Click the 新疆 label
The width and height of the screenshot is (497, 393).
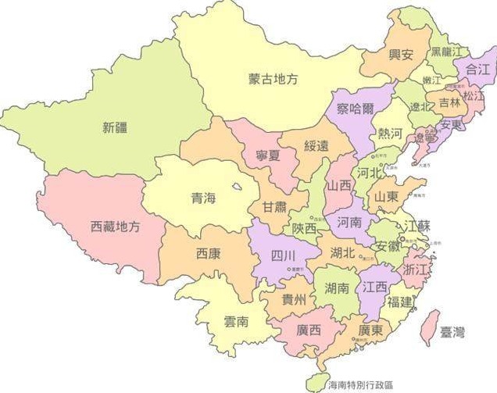point(114,129)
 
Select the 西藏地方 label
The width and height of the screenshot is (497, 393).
point(116,227)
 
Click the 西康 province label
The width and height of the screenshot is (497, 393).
point(208,254)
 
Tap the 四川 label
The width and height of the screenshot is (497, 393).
point(283,255)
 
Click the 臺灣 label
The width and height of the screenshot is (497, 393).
point(452,332)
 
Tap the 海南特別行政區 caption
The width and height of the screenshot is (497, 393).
point(361,384)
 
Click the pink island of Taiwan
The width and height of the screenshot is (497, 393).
point(429,327)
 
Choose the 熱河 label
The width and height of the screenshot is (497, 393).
point(390,134)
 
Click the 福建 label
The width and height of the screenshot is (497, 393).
point(399,302)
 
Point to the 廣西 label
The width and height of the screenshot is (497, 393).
point(309,330)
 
